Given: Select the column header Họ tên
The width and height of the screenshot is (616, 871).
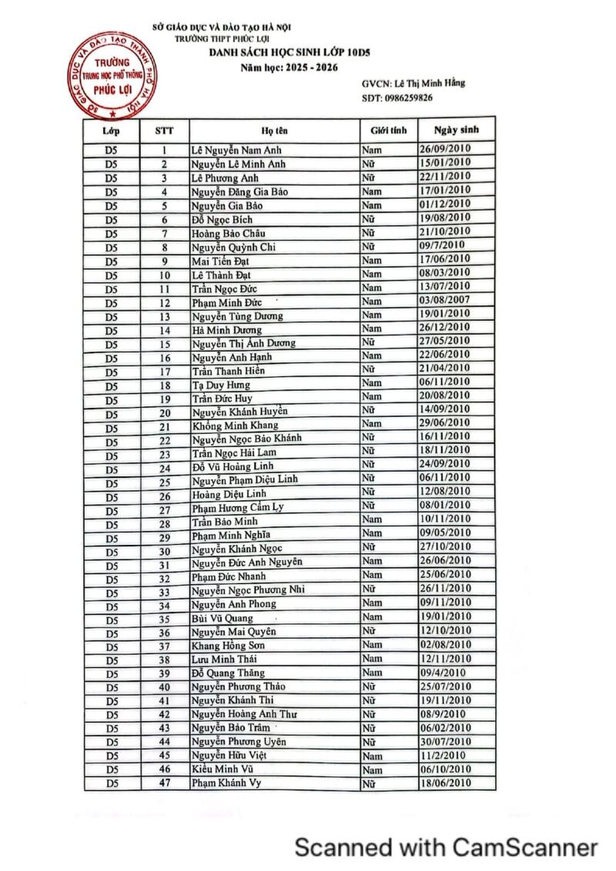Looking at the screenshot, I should tap(274, 131).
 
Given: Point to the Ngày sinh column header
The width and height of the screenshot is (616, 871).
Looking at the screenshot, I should tap(456, 130).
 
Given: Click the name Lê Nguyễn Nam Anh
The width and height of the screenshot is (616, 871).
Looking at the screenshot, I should tap(230, 150).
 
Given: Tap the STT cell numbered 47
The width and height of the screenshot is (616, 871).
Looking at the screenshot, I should tap(164, 783).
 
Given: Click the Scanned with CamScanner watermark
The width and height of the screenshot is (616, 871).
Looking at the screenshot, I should tap(447, 848).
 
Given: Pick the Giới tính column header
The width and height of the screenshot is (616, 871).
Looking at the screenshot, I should tap(388, 131).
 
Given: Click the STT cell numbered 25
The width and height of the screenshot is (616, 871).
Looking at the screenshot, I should tap(164, 482).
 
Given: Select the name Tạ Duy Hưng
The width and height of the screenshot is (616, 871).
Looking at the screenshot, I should tap(220, 385).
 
